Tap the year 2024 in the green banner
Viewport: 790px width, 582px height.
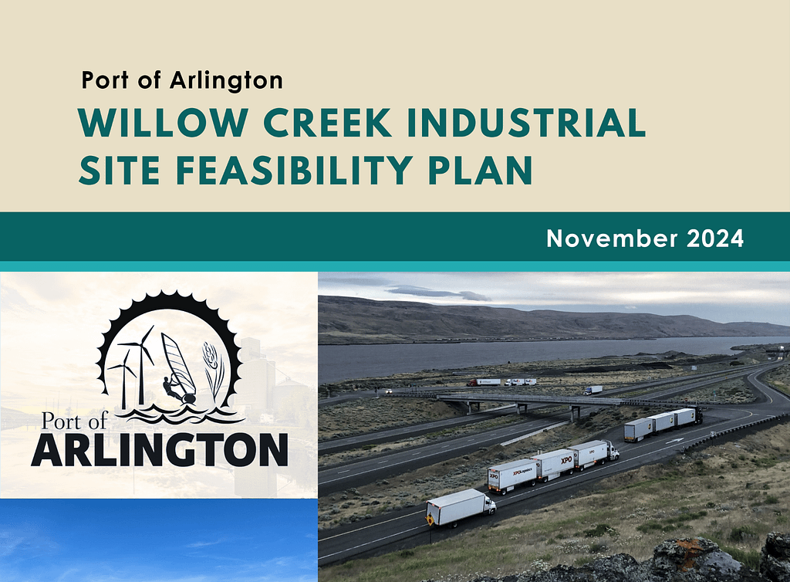click(x=715, y=239)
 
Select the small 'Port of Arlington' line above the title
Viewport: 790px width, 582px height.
click(x=182, y=80)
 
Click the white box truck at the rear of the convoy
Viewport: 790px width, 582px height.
click(x=461, y=507)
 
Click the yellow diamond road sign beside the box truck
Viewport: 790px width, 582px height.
click(x=430, y=519)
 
